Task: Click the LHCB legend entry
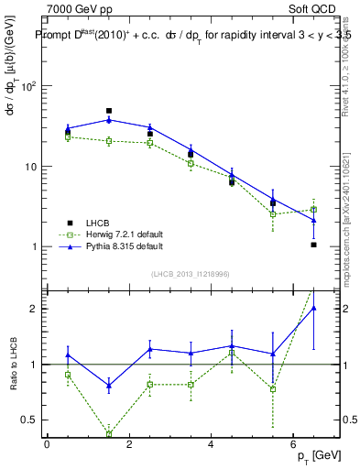tap(98, 224)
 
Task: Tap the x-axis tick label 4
tap(211, 443)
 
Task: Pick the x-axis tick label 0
tap(47, 443)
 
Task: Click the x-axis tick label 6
tap(292, 443)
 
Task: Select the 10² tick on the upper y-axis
tap(27, 87)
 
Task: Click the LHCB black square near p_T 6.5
tap(313, 245)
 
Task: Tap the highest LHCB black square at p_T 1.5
tap(109, 111)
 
